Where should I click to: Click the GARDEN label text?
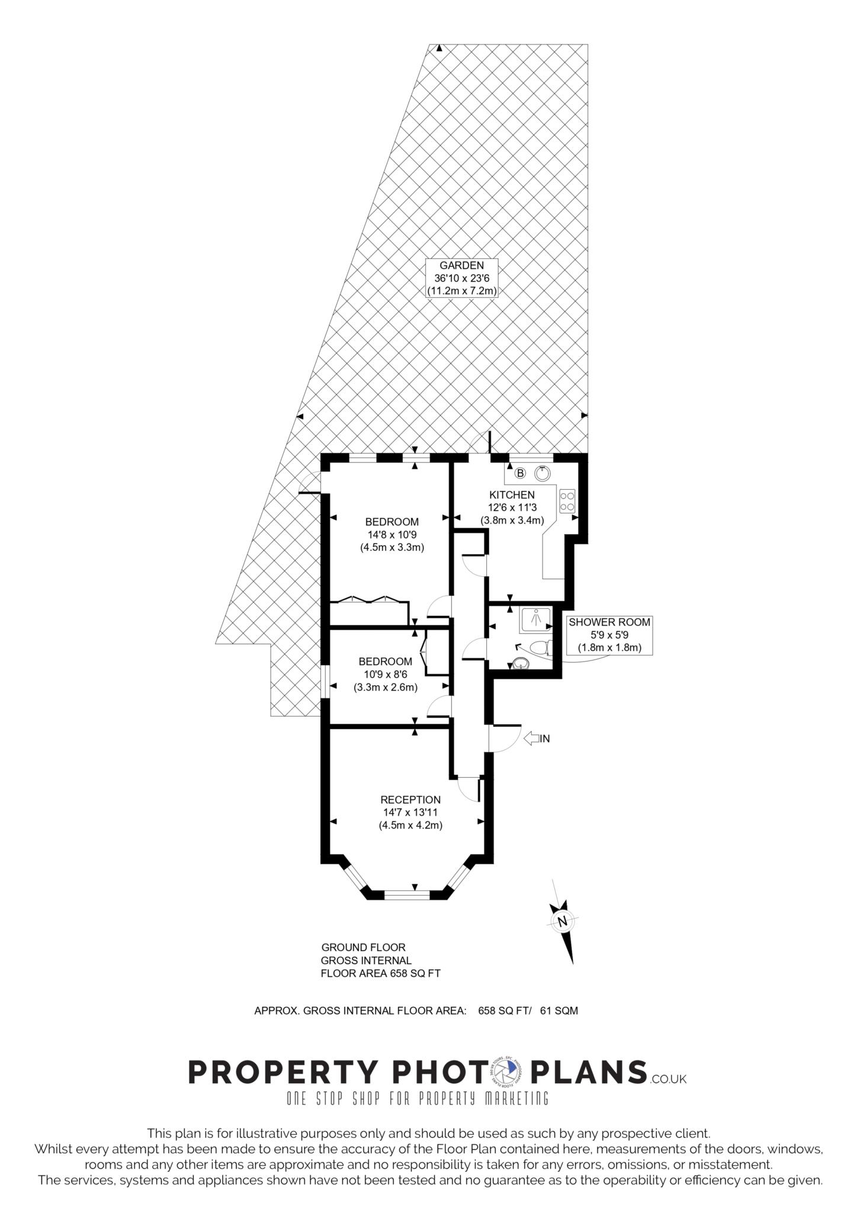[461, 265]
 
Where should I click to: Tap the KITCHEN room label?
[512, 495]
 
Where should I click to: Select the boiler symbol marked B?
[520, 473]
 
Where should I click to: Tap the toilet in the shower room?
[541, 647]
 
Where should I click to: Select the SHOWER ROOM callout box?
[609, 634]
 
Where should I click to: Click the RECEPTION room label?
[410, 800]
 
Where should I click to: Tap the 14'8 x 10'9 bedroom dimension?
[392, 534]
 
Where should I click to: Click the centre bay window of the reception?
[415, 894]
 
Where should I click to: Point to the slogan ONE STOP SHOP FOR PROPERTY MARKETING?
[418, 1099]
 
